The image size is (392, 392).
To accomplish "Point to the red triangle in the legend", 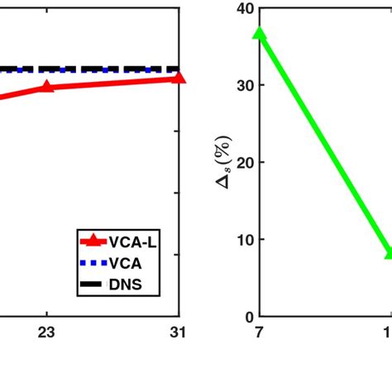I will tap(93, 241).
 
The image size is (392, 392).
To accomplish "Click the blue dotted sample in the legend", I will tap(93, 264).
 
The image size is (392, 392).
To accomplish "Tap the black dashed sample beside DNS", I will tap(93, 286).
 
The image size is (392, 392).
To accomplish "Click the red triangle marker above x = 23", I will tap(47, 86).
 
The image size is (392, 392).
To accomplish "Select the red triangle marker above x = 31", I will tap(179, 78).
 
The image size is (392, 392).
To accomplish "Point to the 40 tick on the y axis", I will tap(242, 8).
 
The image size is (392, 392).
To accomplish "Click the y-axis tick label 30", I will tap(242, 85).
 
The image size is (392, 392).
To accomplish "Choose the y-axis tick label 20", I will tap(242, 162).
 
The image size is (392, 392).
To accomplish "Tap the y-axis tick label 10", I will tap(242, 239).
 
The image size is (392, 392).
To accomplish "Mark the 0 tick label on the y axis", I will tap(246, 317).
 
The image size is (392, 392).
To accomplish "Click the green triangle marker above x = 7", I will tap(260, 34).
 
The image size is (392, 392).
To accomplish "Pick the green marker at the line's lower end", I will tap(389, 253).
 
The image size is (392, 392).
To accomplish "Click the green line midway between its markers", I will tap(324, 144).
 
